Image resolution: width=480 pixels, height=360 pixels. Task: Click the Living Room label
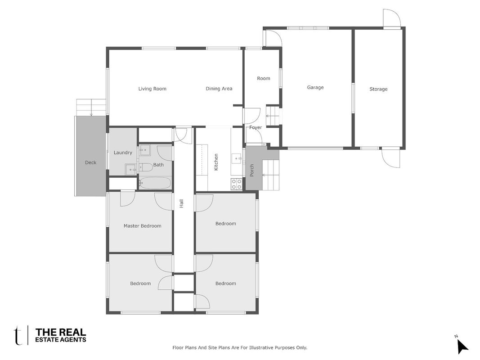[x=152, y=89]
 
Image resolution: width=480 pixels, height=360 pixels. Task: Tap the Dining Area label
[x=219, y=89]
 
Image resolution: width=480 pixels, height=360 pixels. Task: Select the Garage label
[x=315, y=88]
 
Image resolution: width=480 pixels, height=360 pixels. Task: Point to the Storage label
[x=378, y=89]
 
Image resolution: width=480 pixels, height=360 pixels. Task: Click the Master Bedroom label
[x=142, y=226]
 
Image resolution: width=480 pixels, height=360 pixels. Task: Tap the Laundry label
[x=123, y=153]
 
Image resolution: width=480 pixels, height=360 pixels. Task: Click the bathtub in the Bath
[x=155, y=183]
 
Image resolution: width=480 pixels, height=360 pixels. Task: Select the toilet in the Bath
[x=146, y=167]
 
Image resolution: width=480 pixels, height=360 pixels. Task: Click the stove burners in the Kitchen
[x=236, y=184]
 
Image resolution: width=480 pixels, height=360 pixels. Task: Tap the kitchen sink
[x=236, y=158]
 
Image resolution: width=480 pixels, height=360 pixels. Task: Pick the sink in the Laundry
[x=131, y=169]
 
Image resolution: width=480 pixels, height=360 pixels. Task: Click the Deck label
[x=90, y=162]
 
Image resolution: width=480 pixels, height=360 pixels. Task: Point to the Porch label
[x=251, y=171]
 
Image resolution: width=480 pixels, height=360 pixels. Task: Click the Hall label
[x=181, y=203]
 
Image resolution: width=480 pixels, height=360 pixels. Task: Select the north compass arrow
[x=462, y=347]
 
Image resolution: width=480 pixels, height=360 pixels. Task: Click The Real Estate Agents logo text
[x=61, y=335]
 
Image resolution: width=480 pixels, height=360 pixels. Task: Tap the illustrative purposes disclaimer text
[x=240, y=348]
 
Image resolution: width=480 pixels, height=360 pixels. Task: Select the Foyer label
[x=256, y=127]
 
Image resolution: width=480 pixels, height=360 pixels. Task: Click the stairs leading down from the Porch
[x=271, y=175]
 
